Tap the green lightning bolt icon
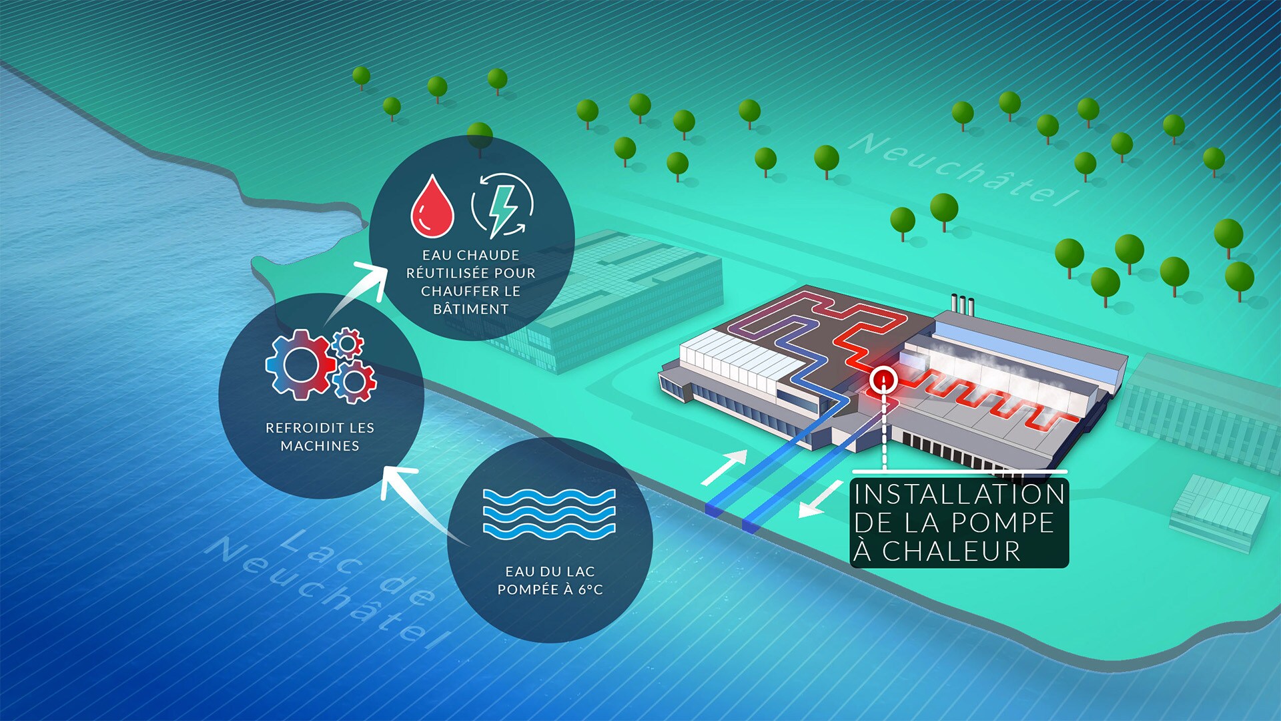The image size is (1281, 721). pyautogui.click(x=502, y=208)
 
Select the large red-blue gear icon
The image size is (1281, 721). pyautogui.click(x=300, y=365)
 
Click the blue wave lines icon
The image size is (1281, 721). pyautogui.click(x=548, y=513)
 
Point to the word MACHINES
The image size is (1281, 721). pyautogui.click(x=320, y=446)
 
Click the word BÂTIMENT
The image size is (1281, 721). pyautogui.click(x=471, y=309)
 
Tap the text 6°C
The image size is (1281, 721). pyautogui.click(x=590, y=589)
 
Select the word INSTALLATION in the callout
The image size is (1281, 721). pyautogui.click(x=959, y=495)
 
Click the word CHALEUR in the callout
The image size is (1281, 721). pyautogui.click(x=951, y=551)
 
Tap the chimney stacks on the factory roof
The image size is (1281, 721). pyautogui.click(x=962, y=304)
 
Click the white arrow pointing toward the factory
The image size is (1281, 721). pyautogui.click(x=725, y=467)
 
